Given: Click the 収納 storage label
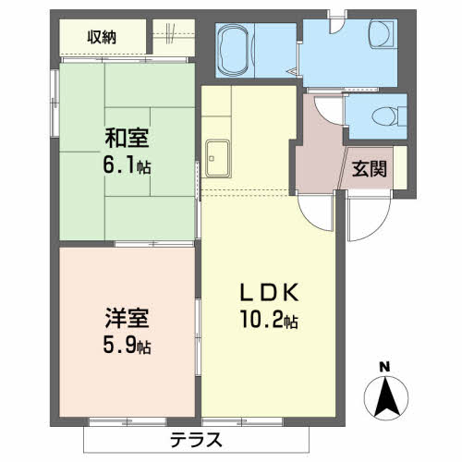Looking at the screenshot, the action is pyautogui.click(x=102, y=37).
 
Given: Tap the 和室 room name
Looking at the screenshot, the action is pyautogui.click(x=127, y=138).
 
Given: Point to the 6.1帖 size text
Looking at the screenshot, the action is pyautogui.click(x=127, y=166).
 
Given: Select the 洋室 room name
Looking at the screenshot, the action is pyautogui.click(x=127, y=318).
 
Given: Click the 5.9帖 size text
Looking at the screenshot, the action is pyautogui.click(x=127, y=346).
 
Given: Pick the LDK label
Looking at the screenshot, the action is pyautogui.click(x=270, y=293).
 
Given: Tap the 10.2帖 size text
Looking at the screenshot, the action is pyautogui.click(x=269, y=320).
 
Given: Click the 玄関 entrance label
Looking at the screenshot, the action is pyautogui.click(x=369, y=169).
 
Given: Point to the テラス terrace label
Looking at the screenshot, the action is pyautogui.click(x=196, y=440).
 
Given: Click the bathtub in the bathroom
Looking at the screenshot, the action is pyautogui.click(x=235, y=50).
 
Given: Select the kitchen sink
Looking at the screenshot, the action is pyautogui.click(x=218, y=159).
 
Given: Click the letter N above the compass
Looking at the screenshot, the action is pyautogui.click(x=384, y=367).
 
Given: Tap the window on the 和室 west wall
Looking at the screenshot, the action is pyautogui.click(x=55, y=103).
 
